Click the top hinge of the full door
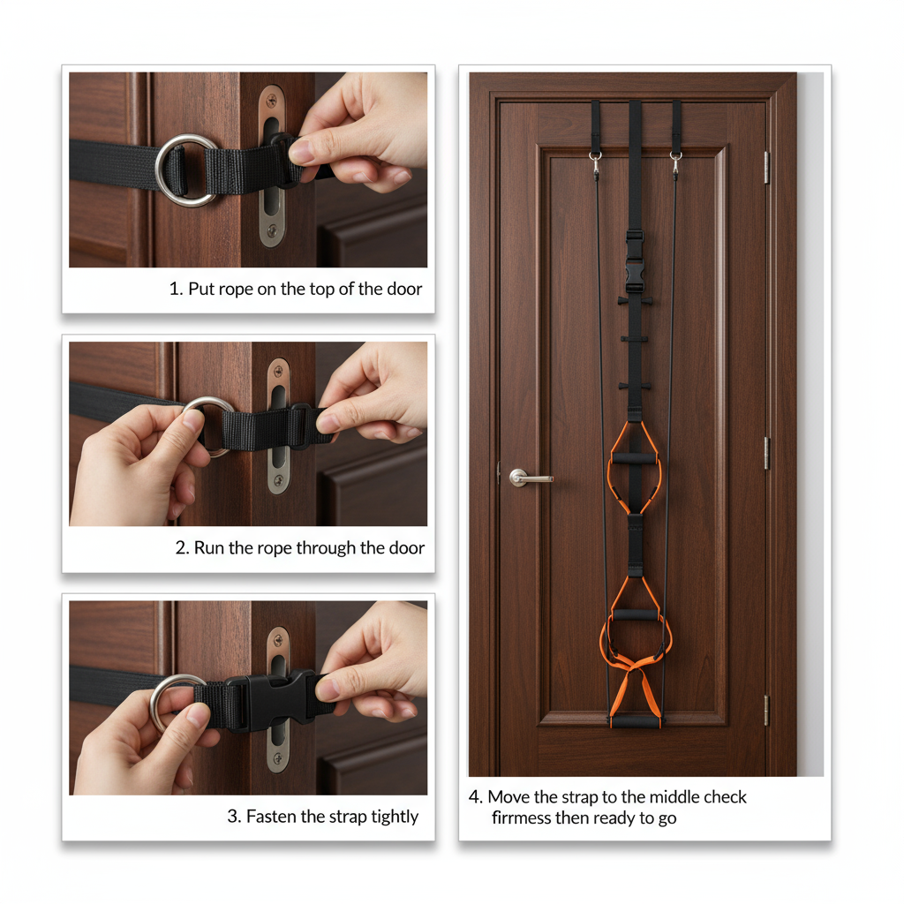click(766, 167)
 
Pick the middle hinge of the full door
click(766, 452)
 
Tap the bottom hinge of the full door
click(766, 710)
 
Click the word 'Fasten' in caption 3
click(272, 817)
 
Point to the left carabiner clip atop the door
click(596, 163)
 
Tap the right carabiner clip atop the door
click(675, 163)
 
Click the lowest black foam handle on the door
click(636, 721)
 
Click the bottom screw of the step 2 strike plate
click(278, 481)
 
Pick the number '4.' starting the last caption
click(476, 797)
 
